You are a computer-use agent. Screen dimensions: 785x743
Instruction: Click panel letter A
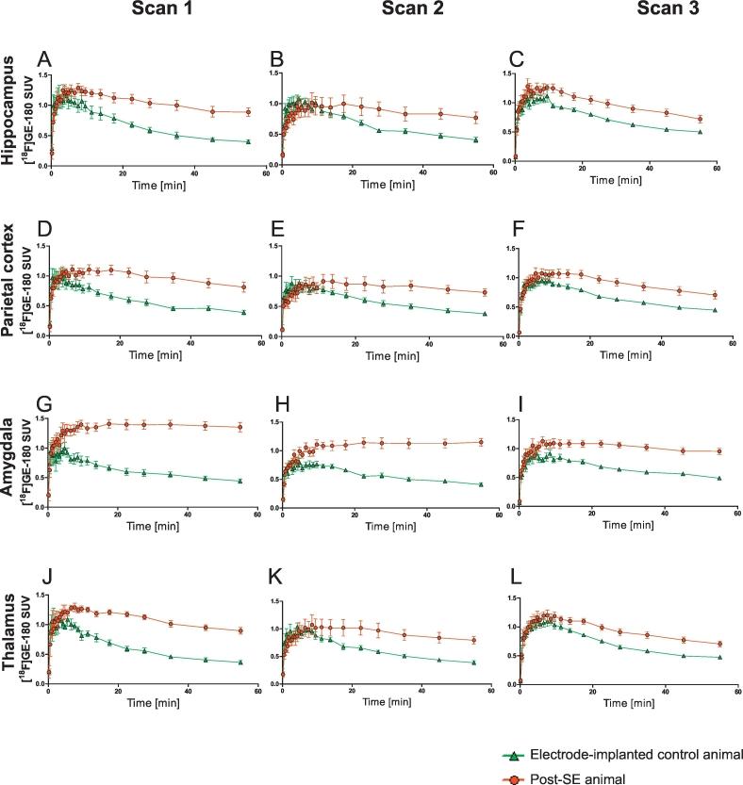(x=43, y=62)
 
